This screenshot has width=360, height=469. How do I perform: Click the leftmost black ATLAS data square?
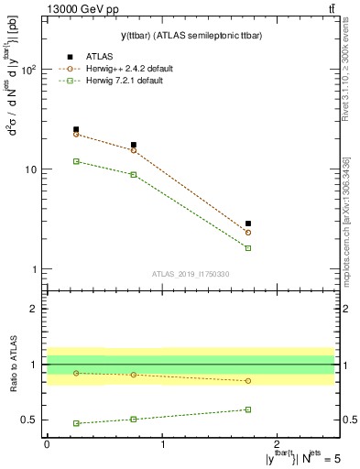76,129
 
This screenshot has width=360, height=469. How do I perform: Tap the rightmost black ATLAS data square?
248,224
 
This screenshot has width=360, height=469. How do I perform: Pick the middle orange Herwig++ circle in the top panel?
134,150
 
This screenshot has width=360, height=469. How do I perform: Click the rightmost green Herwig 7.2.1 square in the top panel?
248,248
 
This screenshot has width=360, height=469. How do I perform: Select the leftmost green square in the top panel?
76,161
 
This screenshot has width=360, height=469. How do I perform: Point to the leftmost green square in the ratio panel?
76,423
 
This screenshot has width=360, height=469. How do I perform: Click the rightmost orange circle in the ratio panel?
248,380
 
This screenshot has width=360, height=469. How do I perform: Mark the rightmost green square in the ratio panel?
248,409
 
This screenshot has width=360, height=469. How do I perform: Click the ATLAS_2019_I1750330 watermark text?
191,274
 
